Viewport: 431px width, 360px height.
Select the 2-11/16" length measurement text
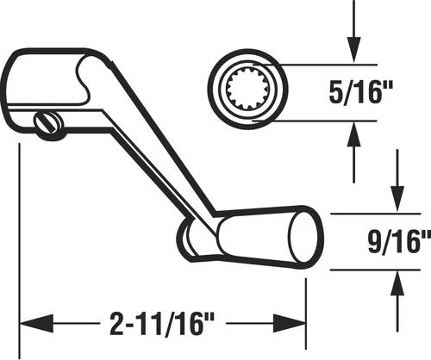click(163, 325)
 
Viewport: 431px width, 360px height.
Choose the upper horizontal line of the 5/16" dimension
click(328, 65)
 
